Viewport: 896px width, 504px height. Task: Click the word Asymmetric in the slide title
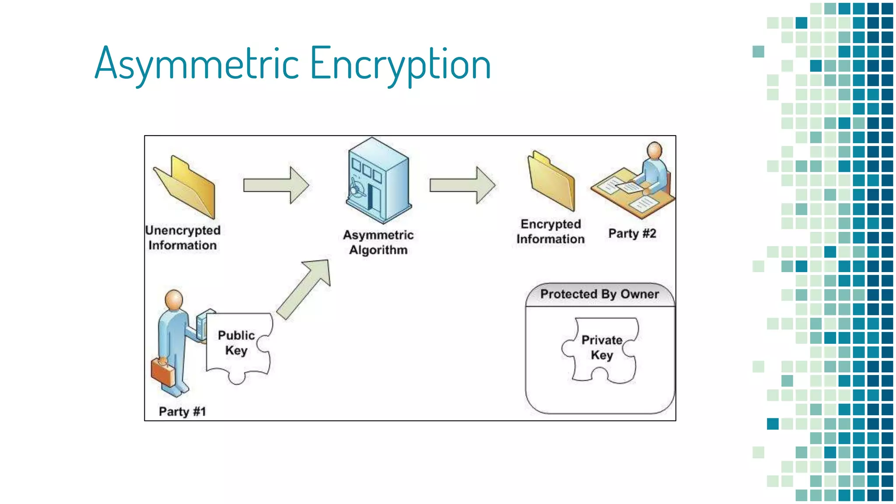coord(197,64)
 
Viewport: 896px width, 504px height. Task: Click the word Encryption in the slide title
coord(400,64)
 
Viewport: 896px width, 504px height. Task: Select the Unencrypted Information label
coord(183,238)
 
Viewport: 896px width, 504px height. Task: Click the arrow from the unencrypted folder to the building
coord(276,185)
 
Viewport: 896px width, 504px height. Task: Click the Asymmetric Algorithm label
coord(378,242)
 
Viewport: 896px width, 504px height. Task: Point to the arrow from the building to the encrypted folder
coord(462,185)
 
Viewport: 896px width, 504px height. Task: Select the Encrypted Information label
coord(550,231)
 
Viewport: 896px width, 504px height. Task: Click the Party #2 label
coord(632,233)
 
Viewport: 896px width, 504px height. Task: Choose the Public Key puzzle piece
coord(238,346)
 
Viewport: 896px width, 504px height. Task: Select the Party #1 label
coord(182,411)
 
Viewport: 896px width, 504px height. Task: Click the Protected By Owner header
coord(599,294)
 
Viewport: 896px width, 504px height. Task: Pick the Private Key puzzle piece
coord(602,350)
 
